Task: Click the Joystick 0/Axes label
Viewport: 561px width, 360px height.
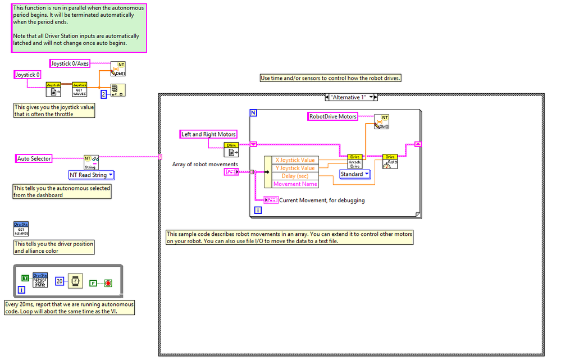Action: tap(70, 63)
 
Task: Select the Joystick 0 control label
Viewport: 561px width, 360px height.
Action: tap(28, 75)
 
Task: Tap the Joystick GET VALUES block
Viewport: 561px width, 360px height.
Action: tap(79, 89)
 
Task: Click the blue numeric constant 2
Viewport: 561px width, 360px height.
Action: tap(103, 94)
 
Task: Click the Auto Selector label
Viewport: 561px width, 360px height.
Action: tap(34, 159)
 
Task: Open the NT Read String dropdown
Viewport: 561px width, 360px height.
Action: tap(91, 175)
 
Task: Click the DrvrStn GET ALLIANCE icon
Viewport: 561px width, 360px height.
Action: tap(21, 229)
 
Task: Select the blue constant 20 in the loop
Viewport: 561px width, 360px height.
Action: tap(60, 280)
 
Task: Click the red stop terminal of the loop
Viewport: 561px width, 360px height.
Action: tap(108, 283)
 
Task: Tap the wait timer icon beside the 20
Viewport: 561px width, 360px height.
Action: tap(75, 280)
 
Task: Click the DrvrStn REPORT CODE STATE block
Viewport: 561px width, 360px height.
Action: tap(40, 280)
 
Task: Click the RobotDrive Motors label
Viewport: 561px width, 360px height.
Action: tap(333, 117)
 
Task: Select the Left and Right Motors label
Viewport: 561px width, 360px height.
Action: tap(208, 134)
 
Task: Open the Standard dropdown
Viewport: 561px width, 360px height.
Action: tap(355, 174)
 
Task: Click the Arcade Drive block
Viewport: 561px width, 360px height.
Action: tap(355, 161)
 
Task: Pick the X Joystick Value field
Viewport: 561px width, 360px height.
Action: tap(295, 160)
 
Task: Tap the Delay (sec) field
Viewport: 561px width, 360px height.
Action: tap(295, 176)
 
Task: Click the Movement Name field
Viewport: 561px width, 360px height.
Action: tap(295, 184)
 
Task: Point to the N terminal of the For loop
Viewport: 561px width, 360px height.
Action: tap(253, 113)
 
